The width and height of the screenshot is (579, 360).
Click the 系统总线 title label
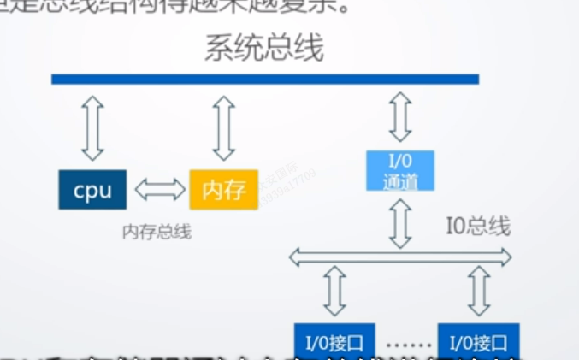[263, 49]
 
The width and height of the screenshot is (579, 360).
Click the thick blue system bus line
[264, 80]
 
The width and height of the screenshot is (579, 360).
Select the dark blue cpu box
[92, 190]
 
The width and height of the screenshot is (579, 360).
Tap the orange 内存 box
[223, 190]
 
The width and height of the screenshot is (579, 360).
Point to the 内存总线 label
[157, 231]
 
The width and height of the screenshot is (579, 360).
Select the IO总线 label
[479, 227]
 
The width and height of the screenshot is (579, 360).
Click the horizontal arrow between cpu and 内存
[161, 190]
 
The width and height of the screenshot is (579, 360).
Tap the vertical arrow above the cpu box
[92, 128]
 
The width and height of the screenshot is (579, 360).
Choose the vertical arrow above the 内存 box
[223, 128]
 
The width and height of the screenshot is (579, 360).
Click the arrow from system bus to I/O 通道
[399, 116]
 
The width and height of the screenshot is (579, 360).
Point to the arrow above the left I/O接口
[334, 291]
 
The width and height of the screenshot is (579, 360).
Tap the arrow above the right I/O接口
[479, 291]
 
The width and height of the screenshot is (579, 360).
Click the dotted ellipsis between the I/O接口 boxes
[406, 345]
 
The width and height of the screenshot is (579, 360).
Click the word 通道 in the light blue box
[399, 180]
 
